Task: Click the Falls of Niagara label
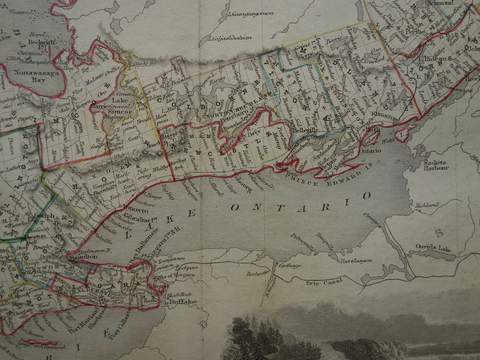pos(173,275)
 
